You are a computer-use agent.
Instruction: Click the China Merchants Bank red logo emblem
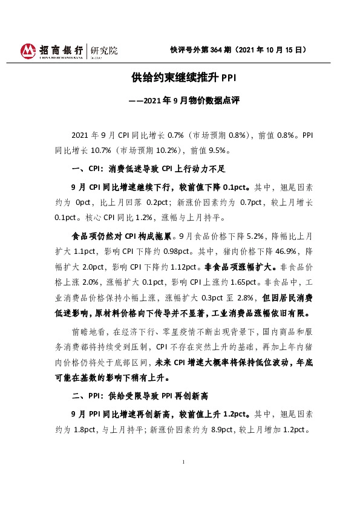click(x=28, y=51)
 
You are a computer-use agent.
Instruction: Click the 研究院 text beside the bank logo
click(x=103, y=50)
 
